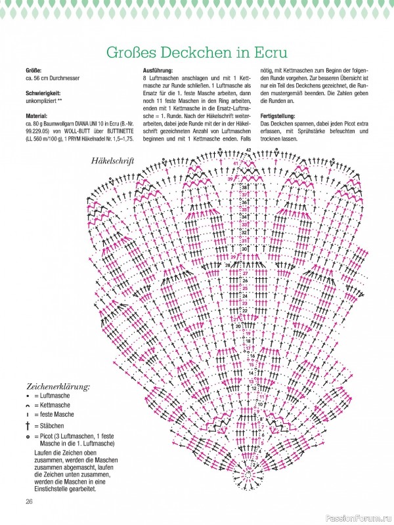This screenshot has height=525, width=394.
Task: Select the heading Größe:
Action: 33,70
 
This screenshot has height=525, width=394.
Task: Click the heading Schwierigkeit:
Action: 44,94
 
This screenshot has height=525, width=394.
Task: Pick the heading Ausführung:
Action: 158,70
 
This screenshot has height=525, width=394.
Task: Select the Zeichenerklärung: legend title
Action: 58,387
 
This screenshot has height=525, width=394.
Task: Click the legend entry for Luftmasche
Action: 55,397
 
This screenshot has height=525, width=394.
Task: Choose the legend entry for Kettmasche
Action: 55,406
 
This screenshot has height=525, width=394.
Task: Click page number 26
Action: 29,501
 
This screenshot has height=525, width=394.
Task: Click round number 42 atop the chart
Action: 249,151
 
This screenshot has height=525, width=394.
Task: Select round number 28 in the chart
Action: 228,265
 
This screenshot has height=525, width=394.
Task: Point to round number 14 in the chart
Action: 251,372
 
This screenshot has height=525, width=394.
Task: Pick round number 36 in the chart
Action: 244,202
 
